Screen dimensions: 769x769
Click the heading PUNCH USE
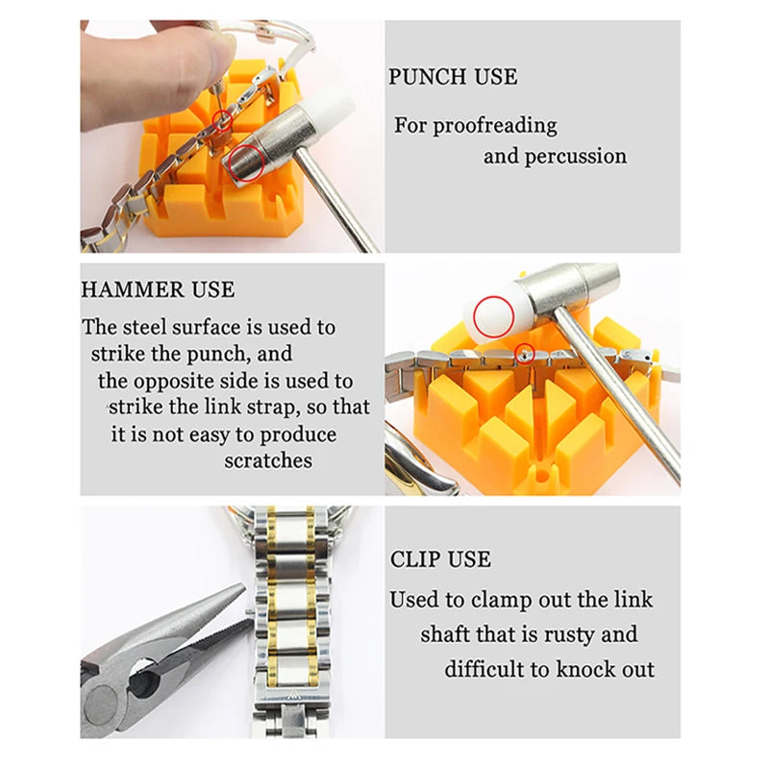453,77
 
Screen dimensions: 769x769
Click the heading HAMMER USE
158,289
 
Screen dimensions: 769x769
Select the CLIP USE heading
440,559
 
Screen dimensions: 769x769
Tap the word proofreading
494,126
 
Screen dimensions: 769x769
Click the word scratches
268,460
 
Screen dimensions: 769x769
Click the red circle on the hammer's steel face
248,162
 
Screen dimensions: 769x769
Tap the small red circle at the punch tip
223,122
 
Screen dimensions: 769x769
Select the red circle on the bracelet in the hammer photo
524,352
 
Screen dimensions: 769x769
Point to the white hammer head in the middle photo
500,313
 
